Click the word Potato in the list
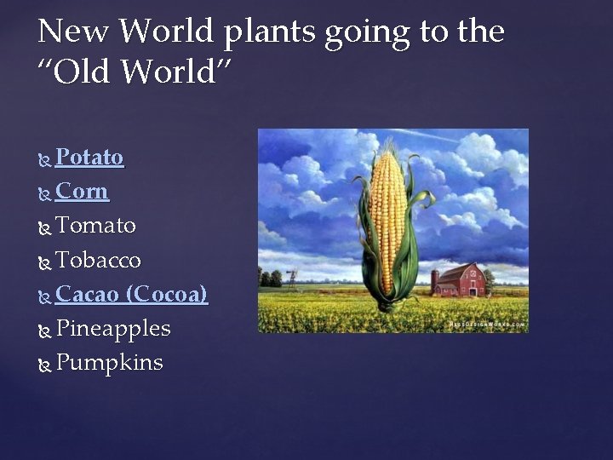tap(89, 158)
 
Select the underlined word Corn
tap(82, 192)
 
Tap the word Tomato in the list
tap(95, 226)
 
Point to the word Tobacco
tap(98, 260)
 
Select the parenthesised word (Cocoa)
tap(166, 295)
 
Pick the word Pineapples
tap(112, 329)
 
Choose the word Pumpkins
tap(109, 363)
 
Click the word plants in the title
tap(272, 33)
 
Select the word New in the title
tap(74, 32)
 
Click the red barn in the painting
tap(460, 280)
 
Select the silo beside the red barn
tap(434, 282)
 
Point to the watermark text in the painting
tap(486, 325)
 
